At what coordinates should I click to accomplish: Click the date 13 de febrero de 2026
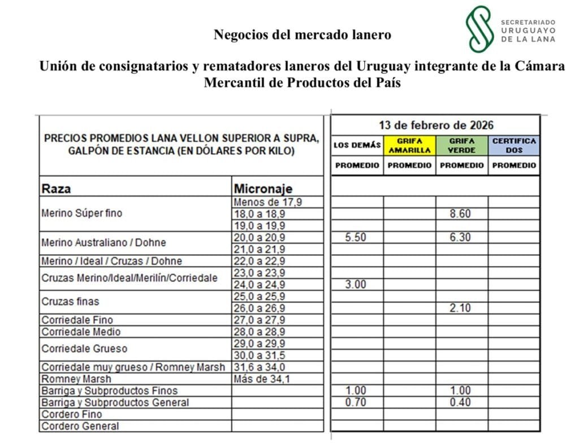click(x=435, y=125)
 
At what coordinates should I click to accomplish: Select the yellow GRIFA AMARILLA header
click(x=409, y=145)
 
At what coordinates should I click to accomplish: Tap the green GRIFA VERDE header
click(x=461, y=145)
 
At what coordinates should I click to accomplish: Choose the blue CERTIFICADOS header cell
click(x=514, y=145)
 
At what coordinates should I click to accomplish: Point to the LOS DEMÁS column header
click(x=357, y=145)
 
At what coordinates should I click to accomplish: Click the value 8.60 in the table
click(x=460, y=214)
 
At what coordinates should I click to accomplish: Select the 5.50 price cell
click(x=356, y=238)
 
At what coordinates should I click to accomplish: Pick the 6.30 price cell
click(x=460, y=238)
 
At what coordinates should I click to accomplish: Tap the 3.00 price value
click(x=356, y=285)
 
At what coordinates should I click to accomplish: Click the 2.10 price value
click(x=460, y=308)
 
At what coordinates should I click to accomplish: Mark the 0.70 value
click(x=356, y=403)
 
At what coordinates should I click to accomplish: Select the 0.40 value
click(x=460, y=403)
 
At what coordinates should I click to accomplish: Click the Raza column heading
click(x=56, y=189)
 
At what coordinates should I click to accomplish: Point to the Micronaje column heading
click(x=263, y=189)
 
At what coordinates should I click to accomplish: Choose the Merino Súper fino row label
click(x=81, y=214)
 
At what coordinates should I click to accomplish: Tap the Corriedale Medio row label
click(x=81, y=332)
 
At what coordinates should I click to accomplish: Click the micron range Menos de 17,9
click(x=270, y=202)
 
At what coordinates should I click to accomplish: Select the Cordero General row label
click(x=80, y=427)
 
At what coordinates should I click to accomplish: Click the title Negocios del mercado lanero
click(x=303, y=35)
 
